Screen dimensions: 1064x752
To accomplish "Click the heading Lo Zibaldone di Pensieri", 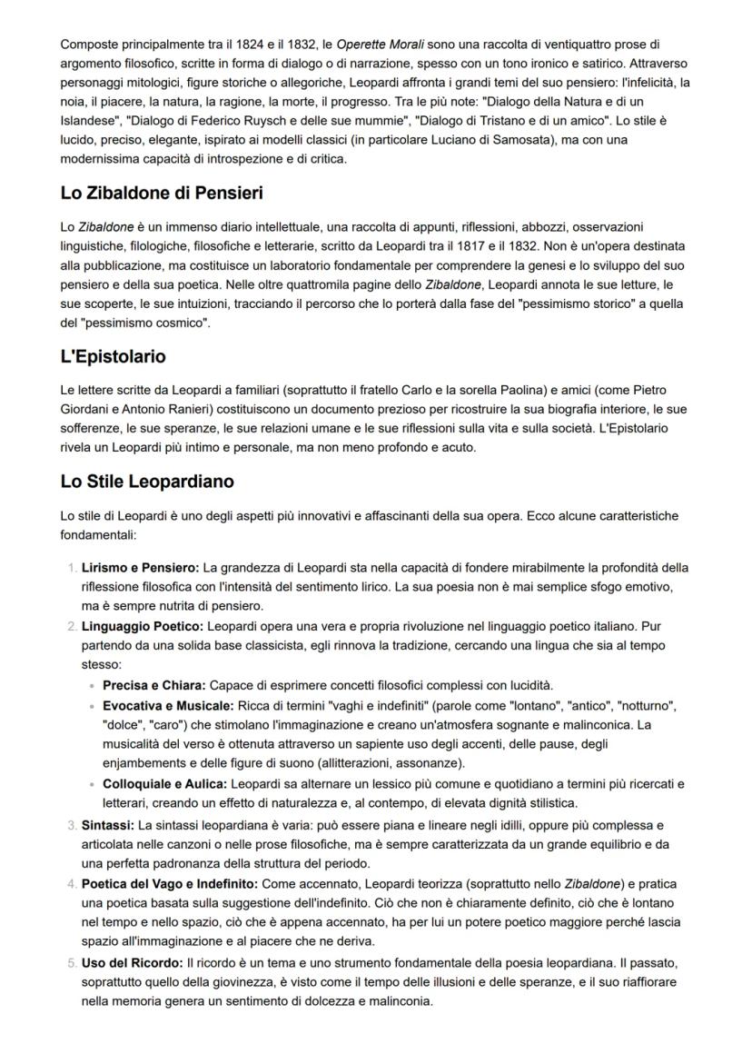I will click(x=162, y=194).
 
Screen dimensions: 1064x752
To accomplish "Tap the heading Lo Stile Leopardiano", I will click(x=147, y=482).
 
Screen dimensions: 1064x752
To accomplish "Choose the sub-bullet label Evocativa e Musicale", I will click(x=168, y=706).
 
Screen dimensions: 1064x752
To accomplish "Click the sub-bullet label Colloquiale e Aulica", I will click(x=166, y=783).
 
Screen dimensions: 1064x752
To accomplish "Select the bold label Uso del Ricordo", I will click(x=132, y=961).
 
